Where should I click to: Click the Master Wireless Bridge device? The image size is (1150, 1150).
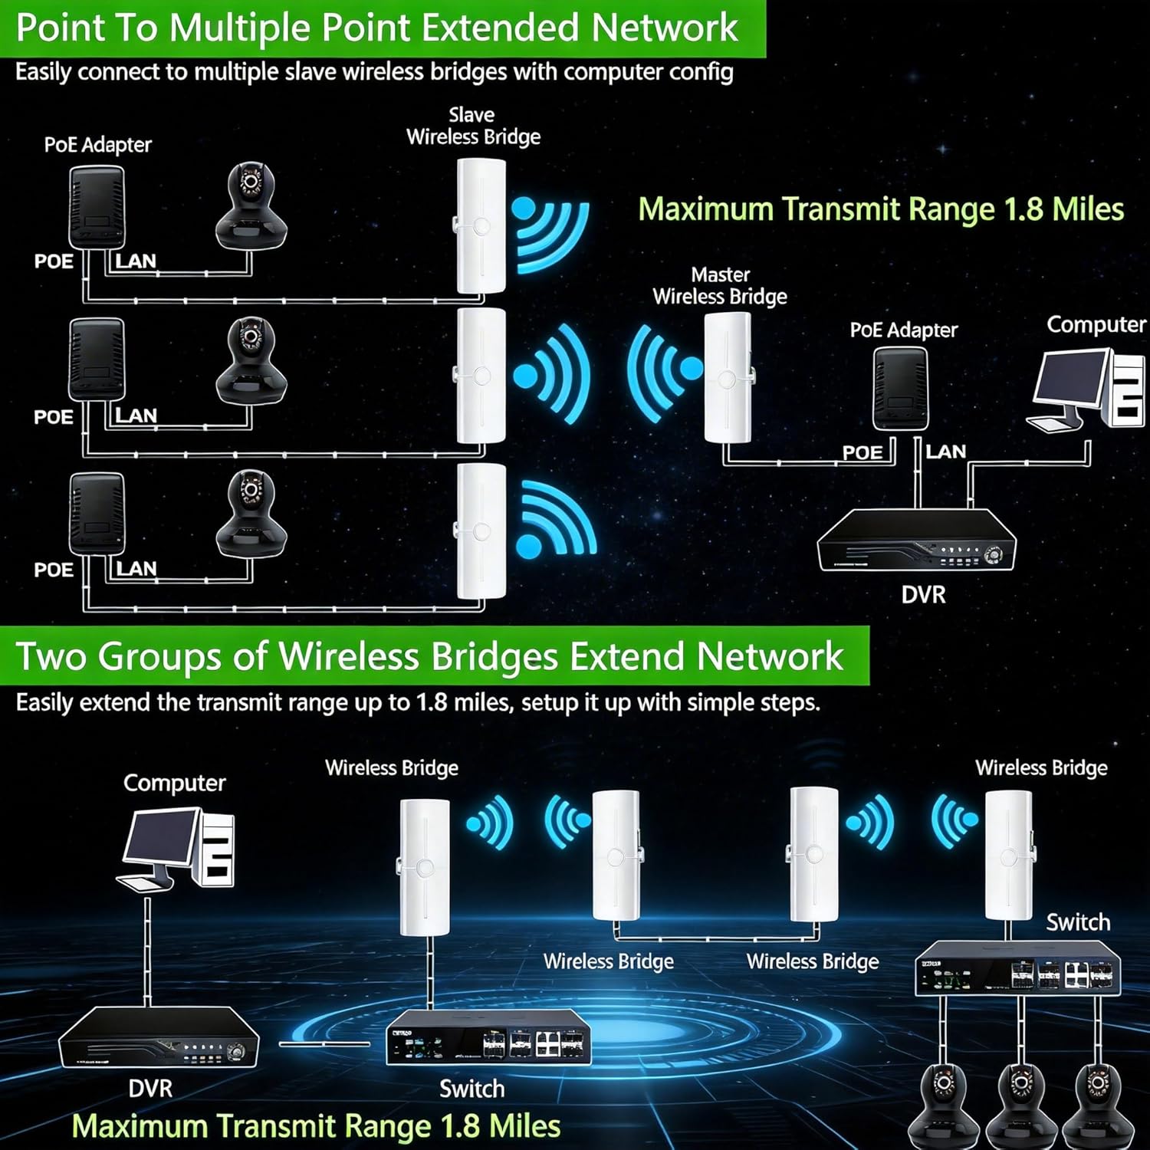pyautogui.click(x=728, y=377)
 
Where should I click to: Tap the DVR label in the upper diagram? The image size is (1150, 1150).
pyautogui.click(x=923, y=595)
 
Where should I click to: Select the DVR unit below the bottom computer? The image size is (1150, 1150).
pyautogui.click(x=159, y=1037)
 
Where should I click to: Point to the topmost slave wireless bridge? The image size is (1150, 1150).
pyautogui.click(x=481, y=226)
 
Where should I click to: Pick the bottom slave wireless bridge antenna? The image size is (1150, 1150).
pyautogui.click(x=481, y=531)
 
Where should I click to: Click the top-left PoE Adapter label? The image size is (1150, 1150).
pyautogui.click(x=97, y=145)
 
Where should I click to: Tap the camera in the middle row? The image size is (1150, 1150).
pyautogui.click(x=251, y=361)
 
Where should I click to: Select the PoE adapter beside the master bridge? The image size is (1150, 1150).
pyautogui.click(x=900, y=389)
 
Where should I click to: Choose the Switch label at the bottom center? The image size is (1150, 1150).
pyautogui.click(x=472, y=1089)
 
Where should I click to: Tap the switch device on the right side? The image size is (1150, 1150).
pyautogui.click(x=1017, y=971)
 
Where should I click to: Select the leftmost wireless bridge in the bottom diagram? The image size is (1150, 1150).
pyautogui.click(x=425, y=866)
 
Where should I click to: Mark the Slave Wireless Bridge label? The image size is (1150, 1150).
pyautogui.click(x=473, y=127)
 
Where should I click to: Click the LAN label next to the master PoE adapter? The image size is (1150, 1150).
pyautogui.click(x=945, y=452)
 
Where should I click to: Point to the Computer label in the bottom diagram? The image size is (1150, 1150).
pyautogui.click(x=174, y=783)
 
